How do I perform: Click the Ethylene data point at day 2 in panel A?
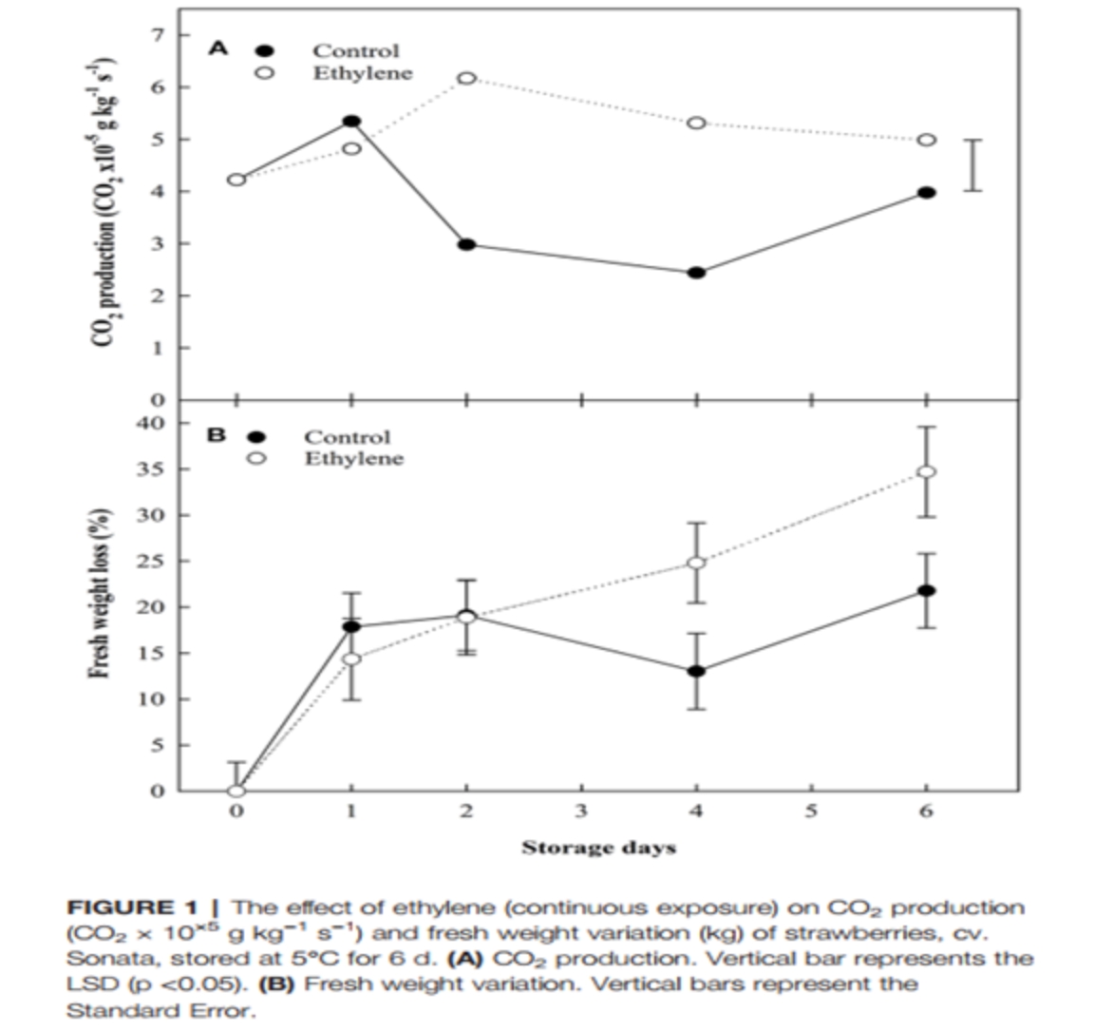pos(466,78)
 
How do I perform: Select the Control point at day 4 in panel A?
pos(696,273)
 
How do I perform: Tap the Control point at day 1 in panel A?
pos(351,122)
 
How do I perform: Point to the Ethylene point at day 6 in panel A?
pos(927,140)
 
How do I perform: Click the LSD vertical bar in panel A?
pos(972,165)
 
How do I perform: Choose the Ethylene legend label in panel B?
pos(353,459)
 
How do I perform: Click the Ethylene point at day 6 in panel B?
pos(927,471)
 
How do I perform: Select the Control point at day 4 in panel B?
pos(696,671)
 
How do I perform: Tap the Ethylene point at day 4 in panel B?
pos(696,563)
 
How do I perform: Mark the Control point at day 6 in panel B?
pos(927,590)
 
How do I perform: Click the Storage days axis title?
pos(598,847)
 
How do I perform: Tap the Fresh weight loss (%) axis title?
pos(96,599)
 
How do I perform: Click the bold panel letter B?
pos(217,435)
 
